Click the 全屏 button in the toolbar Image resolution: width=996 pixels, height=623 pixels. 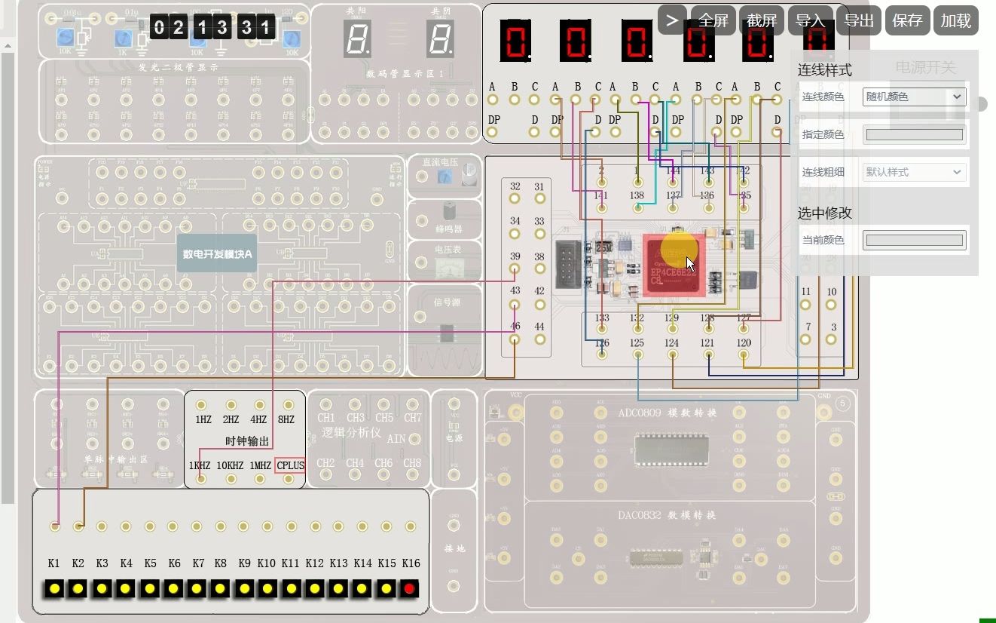[x=713, y=20]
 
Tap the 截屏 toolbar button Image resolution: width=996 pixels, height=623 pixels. [x=761, y=20]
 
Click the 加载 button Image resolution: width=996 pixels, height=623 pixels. [x=955, y=20]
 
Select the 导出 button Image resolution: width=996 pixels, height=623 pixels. [x=858, y=20]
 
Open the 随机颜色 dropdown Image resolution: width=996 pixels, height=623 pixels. [x=914, y=97]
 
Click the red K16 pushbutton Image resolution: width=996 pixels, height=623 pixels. [x=410, y=588]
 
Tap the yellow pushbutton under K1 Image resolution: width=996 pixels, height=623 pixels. [x=53, y=588]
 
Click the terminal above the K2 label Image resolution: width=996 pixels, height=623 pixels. [x=78, y=526]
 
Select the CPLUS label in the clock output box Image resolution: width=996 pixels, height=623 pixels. [x=291, y=465]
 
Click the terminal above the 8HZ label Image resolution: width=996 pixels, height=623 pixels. [x=286, y=405]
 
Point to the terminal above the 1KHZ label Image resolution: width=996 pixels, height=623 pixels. [x=200, y=480]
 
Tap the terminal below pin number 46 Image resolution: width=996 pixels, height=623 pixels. [x=515, y=340]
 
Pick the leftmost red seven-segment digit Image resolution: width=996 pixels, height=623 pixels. [x=515, y=40]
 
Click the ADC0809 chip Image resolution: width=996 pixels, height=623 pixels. [x=670, y=450]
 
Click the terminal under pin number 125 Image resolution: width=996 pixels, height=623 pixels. [x=637, y=354]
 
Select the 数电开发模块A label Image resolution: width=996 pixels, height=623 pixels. [x=218, y=255]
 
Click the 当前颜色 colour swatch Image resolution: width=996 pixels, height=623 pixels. [x=914, y=241]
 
